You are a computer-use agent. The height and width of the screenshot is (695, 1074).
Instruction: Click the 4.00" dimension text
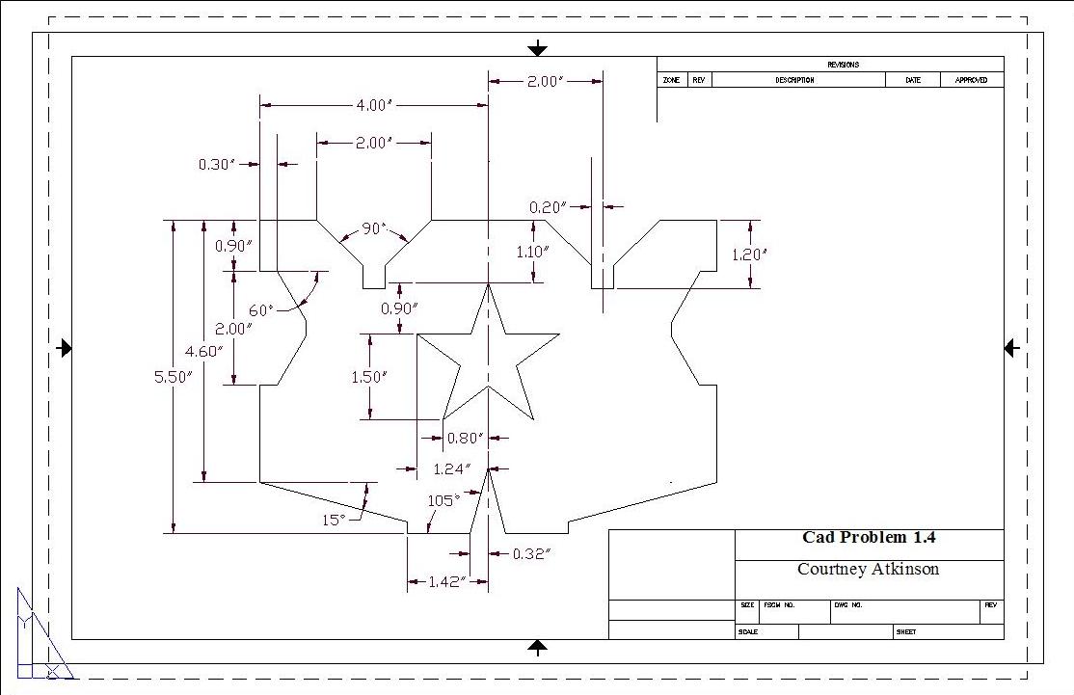tap(374, 104)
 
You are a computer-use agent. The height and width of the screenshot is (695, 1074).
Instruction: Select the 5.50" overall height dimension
tap(174, 378)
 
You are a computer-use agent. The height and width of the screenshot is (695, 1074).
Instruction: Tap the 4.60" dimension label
tap(203, 351)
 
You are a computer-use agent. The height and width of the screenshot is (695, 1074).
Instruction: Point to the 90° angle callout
tap(374, 229)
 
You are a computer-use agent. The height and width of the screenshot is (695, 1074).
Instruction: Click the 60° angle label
tap(261, 310)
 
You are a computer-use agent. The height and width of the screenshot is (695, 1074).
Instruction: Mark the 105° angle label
tap(443, 500)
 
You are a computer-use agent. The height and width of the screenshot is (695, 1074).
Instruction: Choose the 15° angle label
tap(334, 520)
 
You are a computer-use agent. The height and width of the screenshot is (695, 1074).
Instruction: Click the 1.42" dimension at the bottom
tap(447, 581)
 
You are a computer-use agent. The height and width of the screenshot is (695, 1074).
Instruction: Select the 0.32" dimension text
tap(530, 553)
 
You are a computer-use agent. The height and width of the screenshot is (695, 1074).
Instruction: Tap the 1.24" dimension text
tap(451, 469)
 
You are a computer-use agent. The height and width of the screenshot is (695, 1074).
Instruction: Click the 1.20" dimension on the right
tap(749, 254)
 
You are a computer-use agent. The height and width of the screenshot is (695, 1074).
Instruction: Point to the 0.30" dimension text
tap(217, 165)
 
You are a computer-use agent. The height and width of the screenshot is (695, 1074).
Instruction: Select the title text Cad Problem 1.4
tap(869, 538)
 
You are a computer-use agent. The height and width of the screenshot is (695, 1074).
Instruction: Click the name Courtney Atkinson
tap(868, 569)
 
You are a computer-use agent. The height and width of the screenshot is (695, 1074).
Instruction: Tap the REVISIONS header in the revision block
tap(843, 65)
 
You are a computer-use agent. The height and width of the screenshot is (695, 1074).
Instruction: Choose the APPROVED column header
tap(971, 80)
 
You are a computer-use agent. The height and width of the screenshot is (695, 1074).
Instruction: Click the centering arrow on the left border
tap(65, 348)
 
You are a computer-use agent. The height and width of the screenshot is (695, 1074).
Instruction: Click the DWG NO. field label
tap(848, 605)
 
